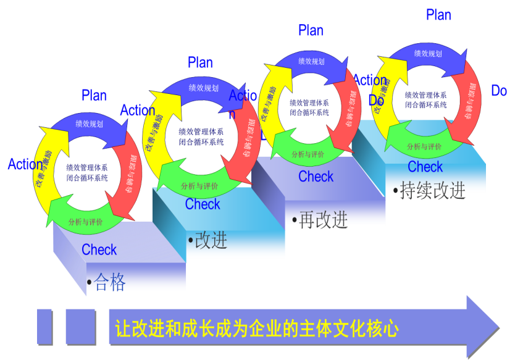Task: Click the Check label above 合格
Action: pyautogui.click(x=99, y=250)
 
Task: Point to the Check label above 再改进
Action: pyautogui.click(x=316, y=177)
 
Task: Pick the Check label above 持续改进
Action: pyautogui.click(x=425, y=167)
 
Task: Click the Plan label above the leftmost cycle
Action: pyautogui.click(x=94, y=96)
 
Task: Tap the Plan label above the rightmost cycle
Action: pyautogui.click(x=439, y=15)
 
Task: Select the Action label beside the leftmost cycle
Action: pyautogui.click(x=25, y=165)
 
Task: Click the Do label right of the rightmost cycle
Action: pyautogui.click(x=499, y=91)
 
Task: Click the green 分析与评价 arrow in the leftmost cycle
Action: pyautogui.click(x=86, y=222)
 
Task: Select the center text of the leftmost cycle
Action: pyautogui.click(x=87, y=172)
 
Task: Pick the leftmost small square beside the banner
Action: pyautogui.click(x=44, y=327)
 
